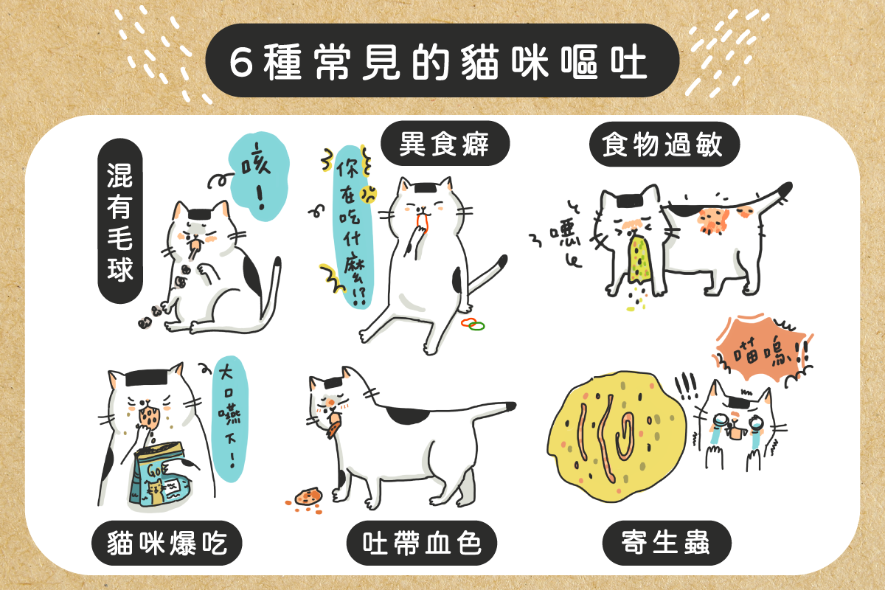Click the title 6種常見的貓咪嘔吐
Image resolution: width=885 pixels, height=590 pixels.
click(441, 62)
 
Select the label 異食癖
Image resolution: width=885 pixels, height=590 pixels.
click(445, 145)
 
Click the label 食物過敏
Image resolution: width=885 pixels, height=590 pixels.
click(666, 145)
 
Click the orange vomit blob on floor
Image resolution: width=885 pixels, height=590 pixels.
click(306, 496)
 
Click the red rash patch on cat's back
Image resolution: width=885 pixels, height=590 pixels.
click(712, 219)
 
